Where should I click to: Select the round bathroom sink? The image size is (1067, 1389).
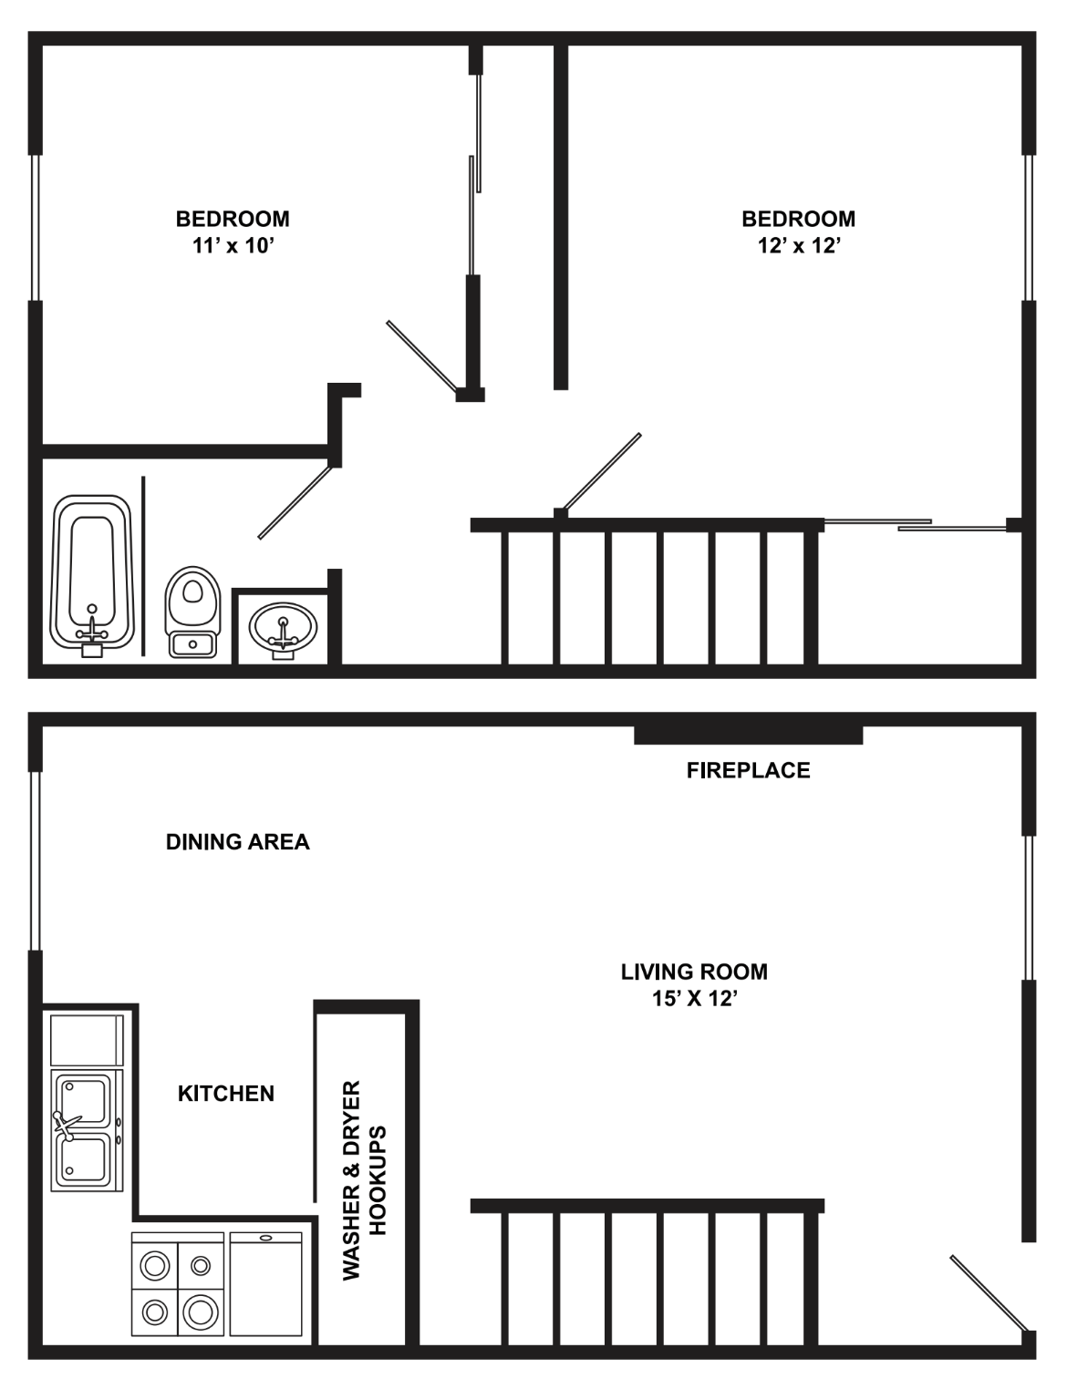click(284, 629)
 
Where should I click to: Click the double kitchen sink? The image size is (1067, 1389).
click(86, 1131)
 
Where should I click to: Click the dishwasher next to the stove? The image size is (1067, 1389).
click(265, 1284)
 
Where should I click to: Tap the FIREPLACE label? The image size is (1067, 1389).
click(748, 771)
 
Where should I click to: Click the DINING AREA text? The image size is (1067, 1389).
click(237, 842)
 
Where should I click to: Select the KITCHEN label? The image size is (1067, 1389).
click(225, 1094)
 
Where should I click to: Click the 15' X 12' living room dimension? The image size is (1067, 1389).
click(694, 999)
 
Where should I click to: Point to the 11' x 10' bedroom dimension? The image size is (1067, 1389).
click(233, 246)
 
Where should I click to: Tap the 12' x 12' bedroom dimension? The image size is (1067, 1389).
click(798, 246)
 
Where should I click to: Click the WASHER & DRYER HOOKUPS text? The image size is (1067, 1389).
click(365, 1180)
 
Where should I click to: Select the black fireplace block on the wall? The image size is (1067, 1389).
click(748, 734)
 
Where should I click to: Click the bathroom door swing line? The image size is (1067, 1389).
click(295, 502)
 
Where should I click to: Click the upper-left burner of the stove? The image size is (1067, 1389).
click(155, 1265)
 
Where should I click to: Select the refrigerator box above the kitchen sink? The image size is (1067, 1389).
click(86, 1040)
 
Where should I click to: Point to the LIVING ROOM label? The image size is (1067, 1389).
click(694, 972)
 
